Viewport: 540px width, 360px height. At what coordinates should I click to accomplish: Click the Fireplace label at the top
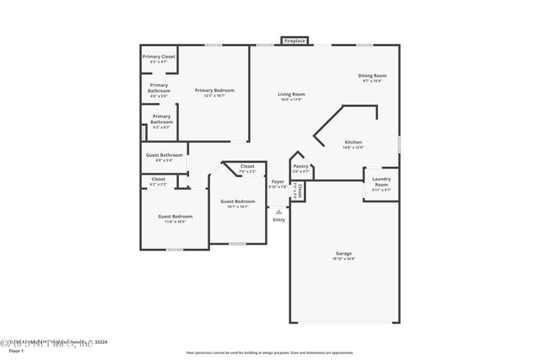coord(294,40)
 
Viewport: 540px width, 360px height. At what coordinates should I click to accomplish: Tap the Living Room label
coord(292,94)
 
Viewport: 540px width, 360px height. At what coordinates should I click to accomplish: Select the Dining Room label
coord(373,76)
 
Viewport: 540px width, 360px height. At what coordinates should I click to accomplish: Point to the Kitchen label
coord(353,142)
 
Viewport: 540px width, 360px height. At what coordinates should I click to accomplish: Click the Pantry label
coord(300,167)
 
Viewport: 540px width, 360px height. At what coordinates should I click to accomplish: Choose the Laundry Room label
coord(381,181)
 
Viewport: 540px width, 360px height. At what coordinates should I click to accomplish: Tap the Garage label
coord(343,253)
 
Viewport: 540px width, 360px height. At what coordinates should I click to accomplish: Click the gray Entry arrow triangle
coord(278,212)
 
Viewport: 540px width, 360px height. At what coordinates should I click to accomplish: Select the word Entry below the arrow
coord(278,220)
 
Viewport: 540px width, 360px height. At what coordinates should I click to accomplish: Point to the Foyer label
coord(278,182)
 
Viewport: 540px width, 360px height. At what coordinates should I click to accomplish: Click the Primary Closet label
coord(159,56)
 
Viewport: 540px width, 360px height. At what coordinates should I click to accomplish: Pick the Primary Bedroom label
coord(214,90)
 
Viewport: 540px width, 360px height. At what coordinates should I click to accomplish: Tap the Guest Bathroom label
coord(164,155)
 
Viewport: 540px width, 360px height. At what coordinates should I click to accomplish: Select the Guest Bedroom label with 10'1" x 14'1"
coord(238,201)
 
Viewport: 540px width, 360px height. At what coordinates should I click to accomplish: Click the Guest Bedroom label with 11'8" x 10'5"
coord(175,217)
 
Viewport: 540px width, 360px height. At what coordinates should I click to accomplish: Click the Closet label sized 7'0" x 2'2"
coord(247,167)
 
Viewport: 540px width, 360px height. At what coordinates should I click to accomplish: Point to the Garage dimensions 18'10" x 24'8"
coord(343,259)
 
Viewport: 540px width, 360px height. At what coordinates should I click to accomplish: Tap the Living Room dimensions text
coord(292,99)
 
